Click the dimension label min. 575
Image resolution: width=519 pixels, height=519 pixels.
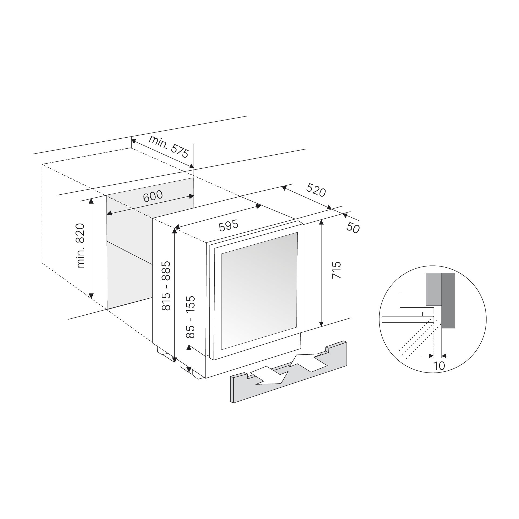click(169, 147)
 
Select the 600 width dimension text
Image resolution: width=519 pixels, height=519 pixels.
click(153, 196)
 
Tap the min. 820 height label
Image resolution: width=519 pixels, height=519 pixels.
click(81, 246)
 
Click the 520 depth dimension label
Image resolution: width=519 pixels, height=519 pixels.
click(316, 190)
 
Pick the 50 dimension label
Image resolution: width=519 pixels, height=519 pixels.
click(353, 228)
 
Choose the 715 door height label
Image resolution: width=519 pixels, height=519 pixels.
click(337, 270)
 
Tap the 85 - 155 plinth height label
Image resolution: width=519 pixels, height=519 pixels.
click(191, 317)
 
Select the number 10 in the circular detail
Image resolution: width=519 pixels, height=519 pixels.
click(439, 366)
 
